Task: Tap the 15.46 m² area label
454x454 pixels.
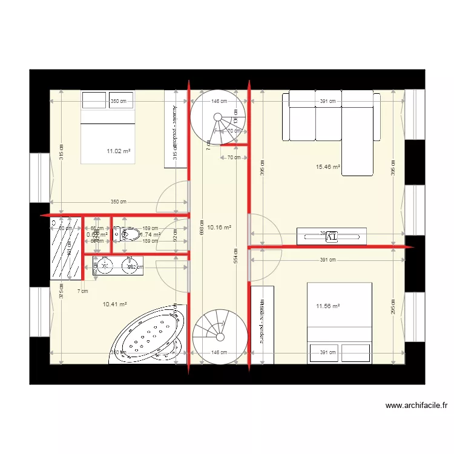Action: (x=327, y=166)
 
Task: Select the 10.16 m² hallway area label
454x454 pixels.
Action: (x=219, y=228)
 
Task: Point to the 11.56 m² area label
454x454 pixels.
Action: (x=327, y=306)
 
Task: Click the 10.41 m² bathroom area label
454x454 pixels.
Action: (x=114, y=304)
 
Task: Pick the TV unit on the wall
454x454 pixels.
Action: (x=331, y=235)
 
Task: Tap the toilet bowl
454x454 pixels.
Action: (x=130, y=234)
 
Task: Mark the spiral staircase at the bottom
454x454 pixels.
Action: (x=219, y=336)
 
